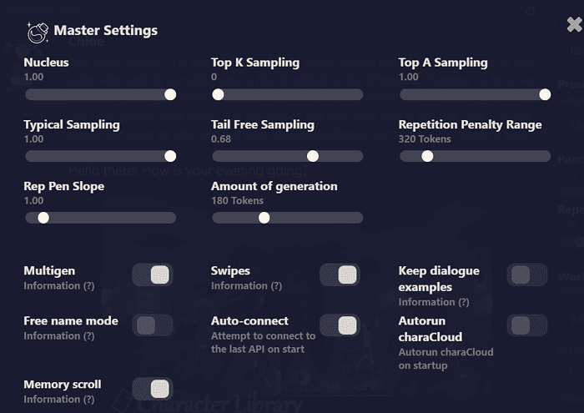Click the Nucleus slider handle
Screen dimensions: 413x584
coord(170,94)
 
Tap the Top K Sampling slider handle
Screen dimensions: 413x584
coord(219,94)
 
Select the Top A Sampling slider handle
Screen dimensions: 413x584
coord(545,94)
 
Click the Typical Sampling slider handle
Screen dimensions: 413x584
coord(170,156)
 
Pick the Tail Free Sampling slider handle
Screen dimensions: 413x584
coord(313,156)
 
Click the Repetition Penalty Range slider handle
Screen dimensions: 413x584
coord(427,156)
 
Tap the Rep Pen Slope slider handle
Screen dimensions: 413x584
coord(43,218)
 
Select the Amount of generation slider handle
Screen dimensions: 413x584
coord(264,218)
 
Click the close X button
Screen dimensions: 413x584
coord(575,25)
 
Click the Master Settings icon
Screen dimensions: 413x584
coord(37,32)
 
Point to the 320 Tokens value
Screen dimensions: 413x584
coord(425,139)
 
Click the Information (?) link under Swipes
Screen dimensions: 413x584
coord(246,286)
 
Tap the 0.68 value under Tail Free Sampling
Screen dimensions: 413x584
coord(221,139)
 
